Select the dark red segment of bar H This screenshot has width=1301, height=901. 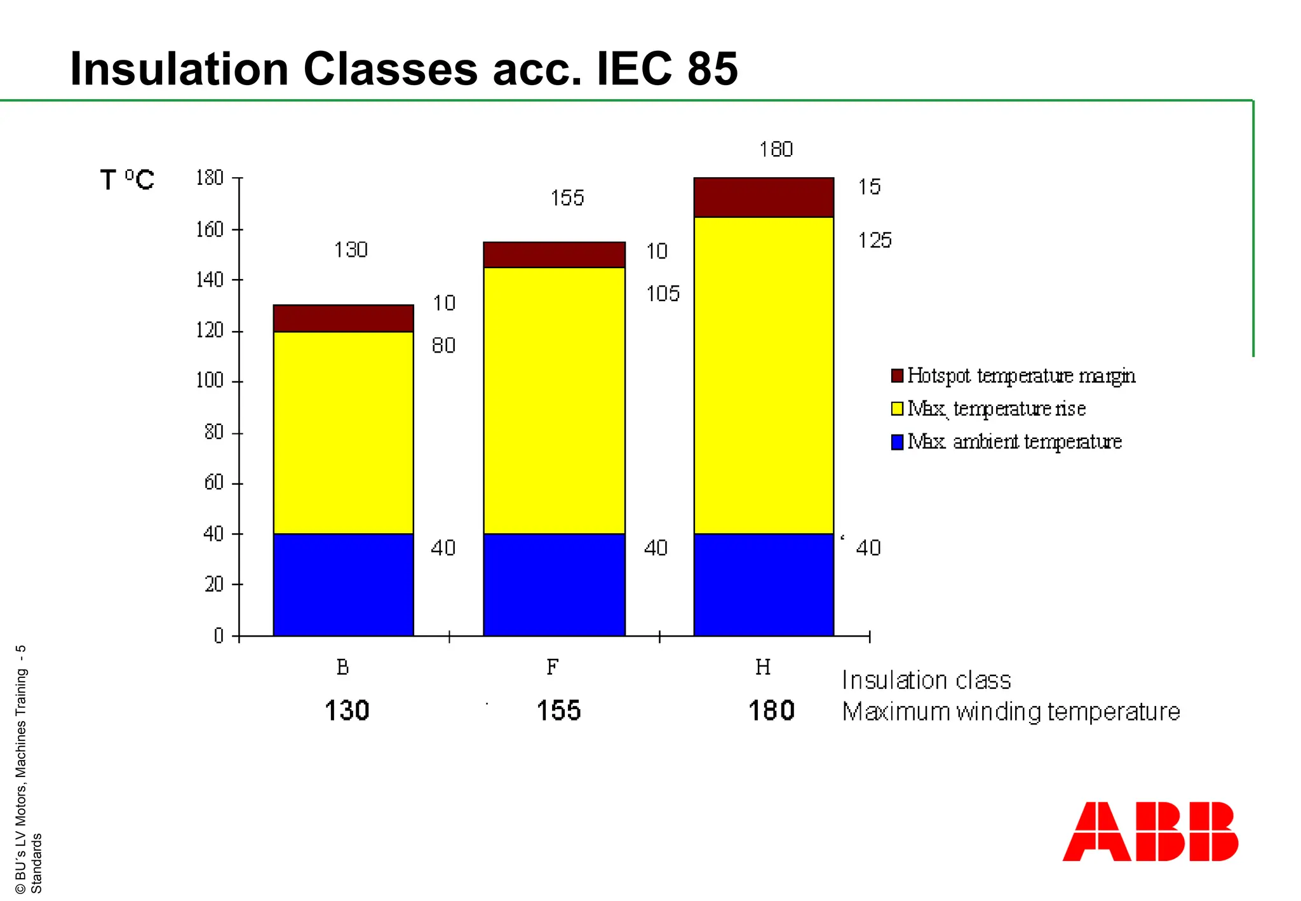coord(763,198)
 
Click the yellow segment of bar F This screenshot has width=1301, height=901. coord(554,400)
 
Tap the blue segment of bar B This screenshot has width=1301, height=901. coord(343,585)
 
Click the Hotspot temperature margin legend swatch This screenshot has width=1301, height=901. coord(897,376)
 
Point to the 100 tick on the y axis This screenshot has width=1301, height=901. coord(210,381)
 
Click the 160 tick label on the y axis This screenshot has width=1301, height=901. coord(210,229)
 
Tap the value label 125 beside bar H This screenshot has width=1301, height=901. coord(875,240)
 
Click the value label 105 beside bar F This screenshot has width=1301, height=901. coord(663,294)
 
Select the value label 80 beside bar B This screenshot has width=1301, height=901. coord(443,346)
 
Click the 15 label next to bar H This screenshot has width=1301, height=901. coord(869,187)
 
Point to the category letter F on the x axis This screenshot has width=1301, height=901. coord(553,667)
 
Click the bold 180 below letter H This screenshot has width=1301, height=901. coord(771,710)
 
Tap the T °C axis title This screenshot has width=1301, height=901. coord(127,180)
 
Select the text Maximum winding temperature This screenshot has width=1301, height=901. coord(1011,712)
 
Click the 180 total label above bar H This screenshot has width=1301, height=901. coord(776,149)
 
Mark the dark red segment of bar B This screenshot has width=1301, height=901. coord(343,318)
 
